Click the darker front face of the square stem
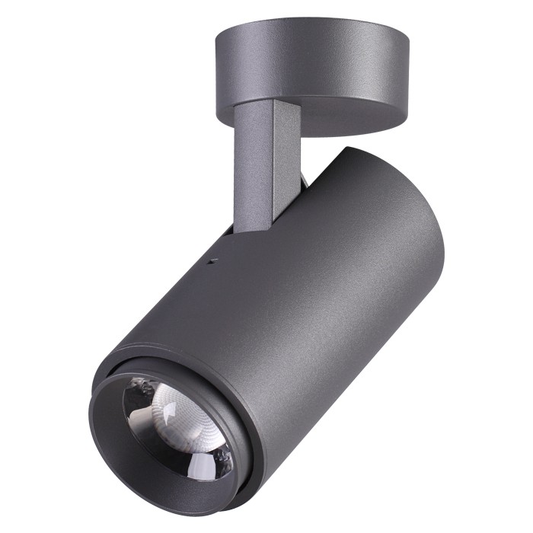[251, 168]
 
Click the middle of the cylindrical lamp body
[305, 297]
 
